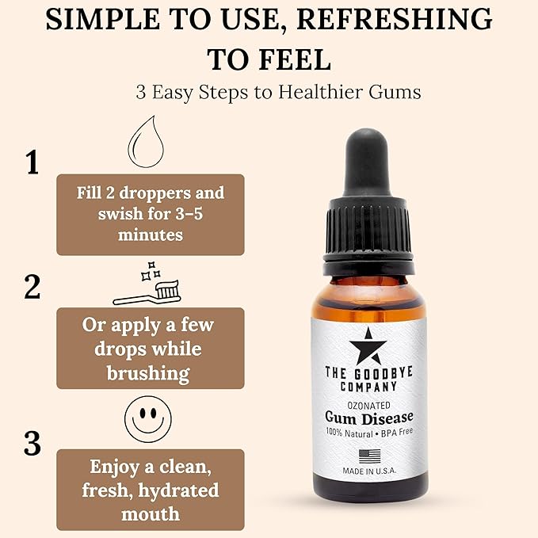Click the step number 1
32,162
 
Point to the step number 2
32,287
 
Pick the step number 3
32,444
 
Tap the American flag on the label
369,456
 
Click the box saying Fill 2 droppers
150,214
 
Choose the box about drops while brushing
150,349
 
